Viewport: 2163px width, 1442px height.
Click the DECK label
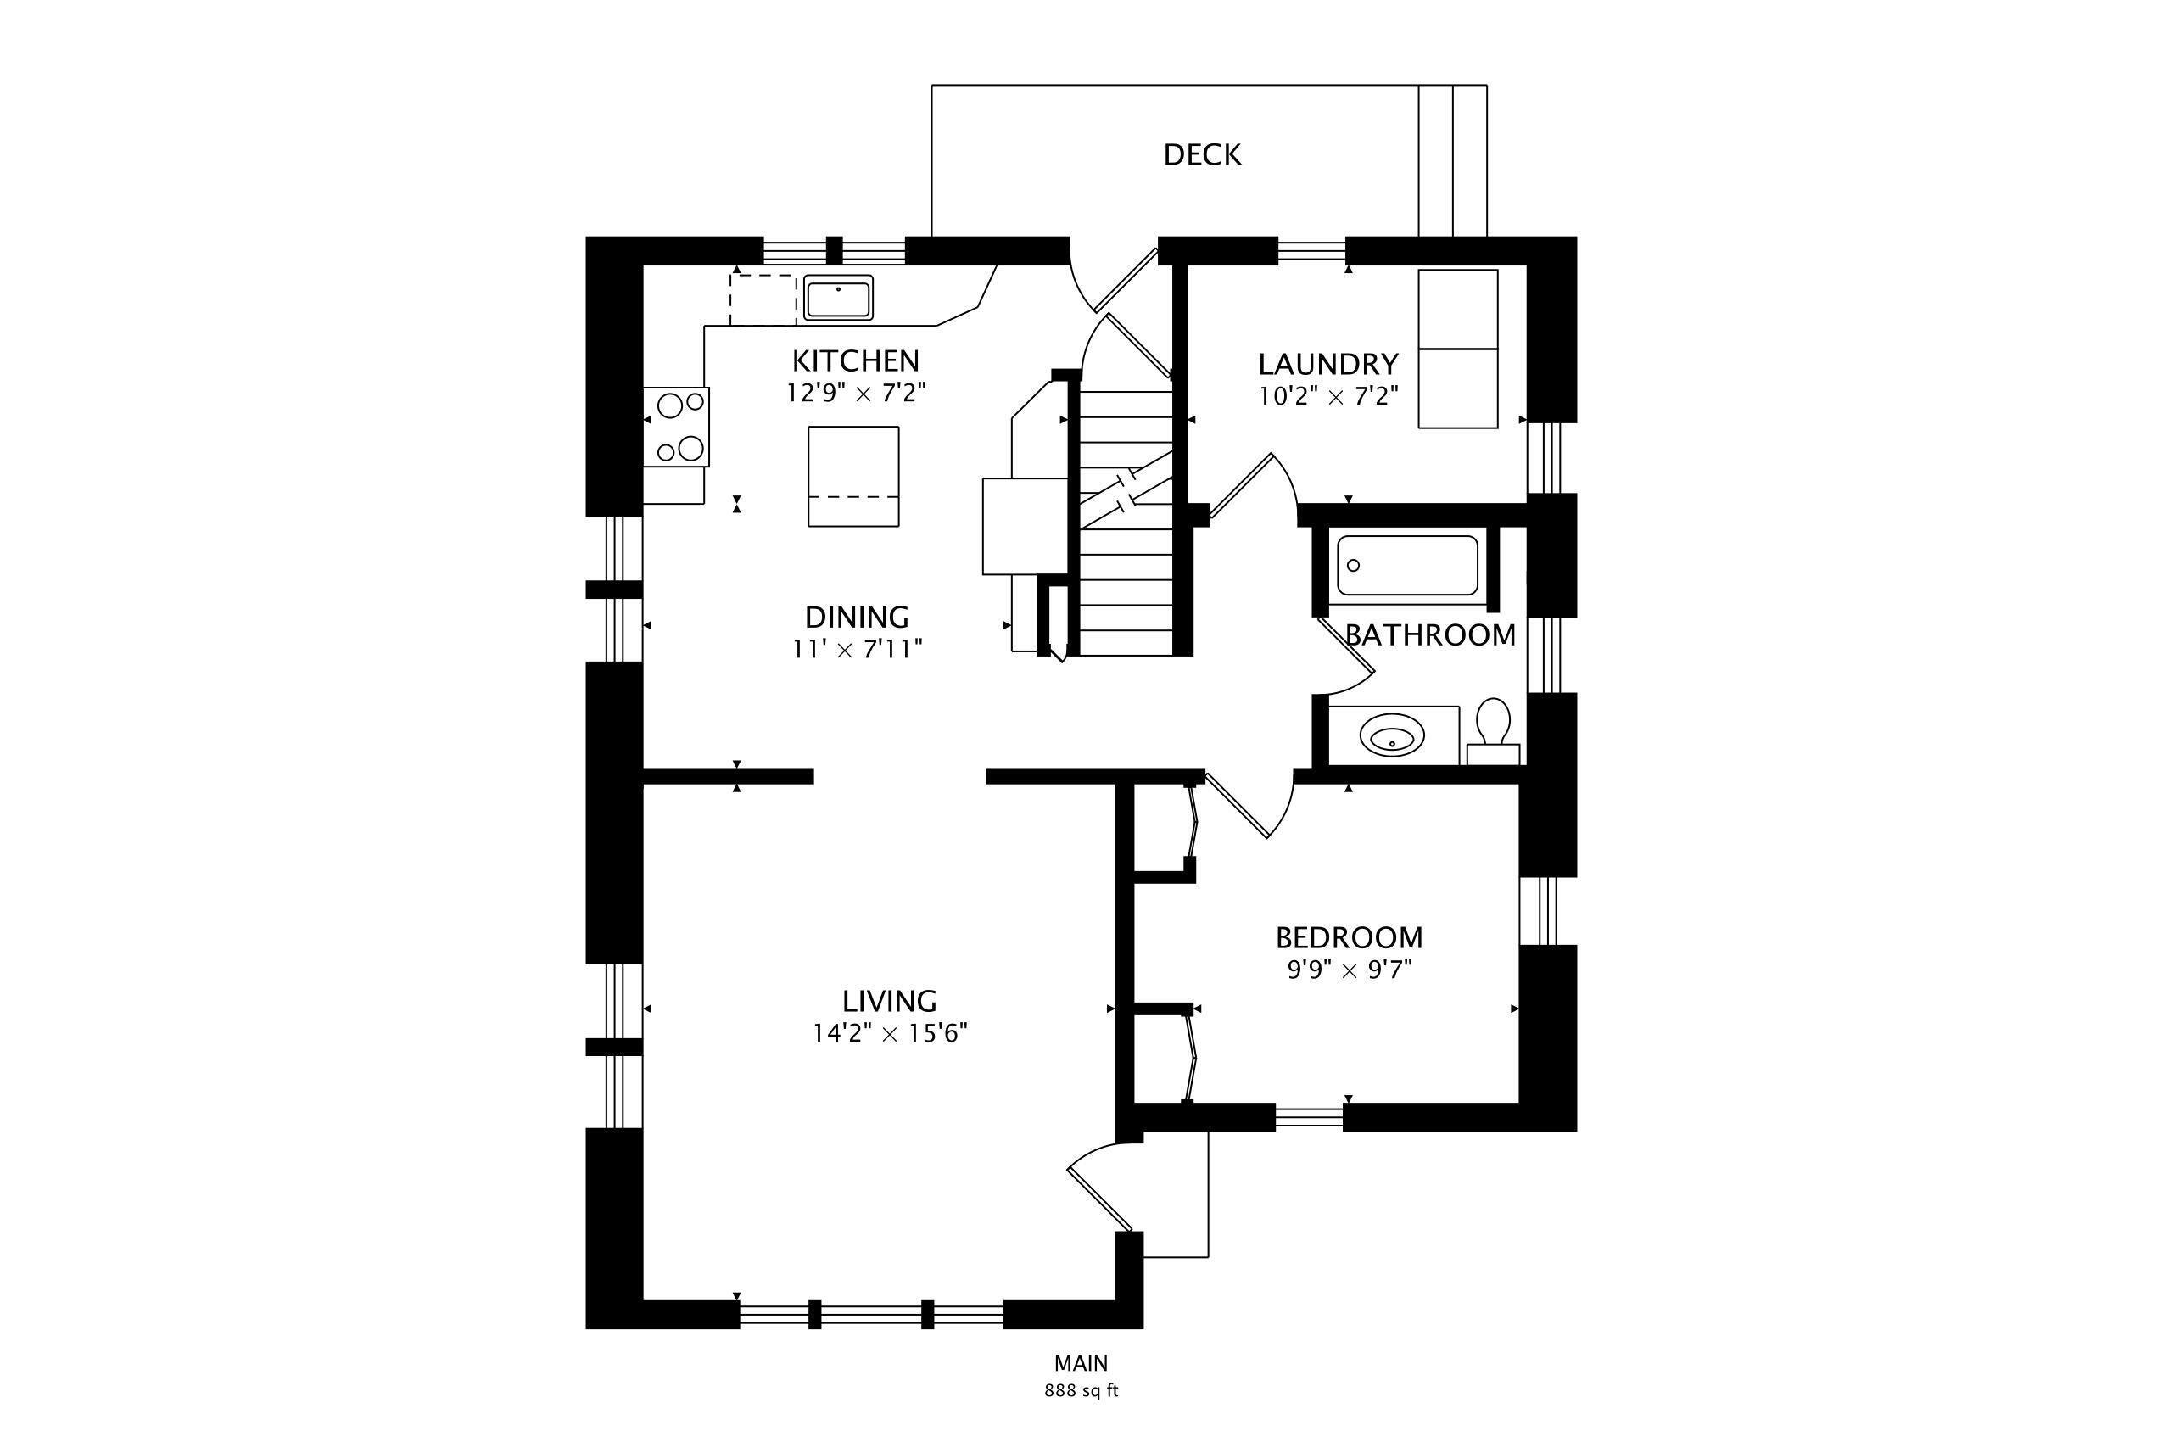[1202, 154]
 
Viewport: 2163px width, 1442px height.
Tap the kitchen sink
[838, 298]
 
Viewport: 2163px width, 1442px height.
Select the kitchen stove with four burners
[677, 427]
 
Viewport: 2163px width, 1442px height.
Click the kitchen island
[853, 477]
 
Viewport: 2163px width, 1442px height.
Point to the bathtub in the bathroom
[1407, 566]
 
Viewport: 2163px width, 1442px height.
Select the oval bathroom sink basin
[1392, 735]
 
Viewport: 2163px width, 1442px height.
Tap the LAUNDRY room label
[1328, 364]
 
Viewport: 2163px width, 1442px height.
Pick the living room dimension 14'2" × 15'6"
[889, 1034]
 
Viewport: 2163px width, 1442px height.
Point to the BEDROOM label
[1349, 937]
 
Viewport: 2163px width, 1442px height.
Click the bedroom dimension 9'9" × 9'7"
[1349, 970]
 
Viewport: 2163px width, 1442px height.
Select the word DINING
[857, 616]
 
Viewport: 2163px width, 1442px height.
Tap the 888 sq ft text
[1081, 1390]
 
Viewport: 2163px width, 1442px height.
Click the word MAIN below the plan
[1081, 1363]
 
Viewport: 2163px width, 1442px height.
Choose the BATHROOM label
[1430, 634]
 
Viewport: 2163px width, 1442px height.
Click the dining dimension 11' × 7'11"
[857, 649]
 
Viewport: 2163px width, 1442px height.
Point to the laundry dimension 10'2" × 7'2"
[1328, 396]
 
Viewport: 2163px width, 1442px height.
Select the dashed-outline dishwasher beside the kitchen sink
[763, 299]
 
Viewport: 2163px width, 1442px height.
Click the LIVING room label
[889, 1001]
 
